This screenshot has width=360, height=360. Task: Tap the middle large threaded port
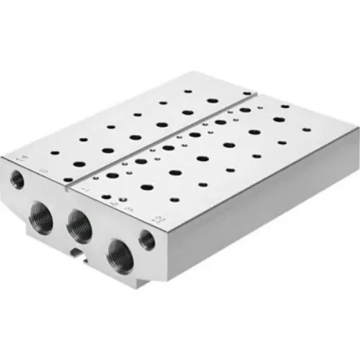[x=78, y=225]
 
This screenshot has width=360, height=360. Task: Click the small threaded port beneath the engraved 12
[x=148, y=240]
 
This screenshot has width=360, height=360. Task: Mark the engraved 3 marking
[x=129, y=210]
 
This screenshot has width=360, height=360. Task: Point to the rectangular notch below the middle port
[x=76, y=251]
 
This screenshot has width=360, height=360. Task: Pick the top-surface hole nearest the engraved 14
[x=56, y=152]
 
